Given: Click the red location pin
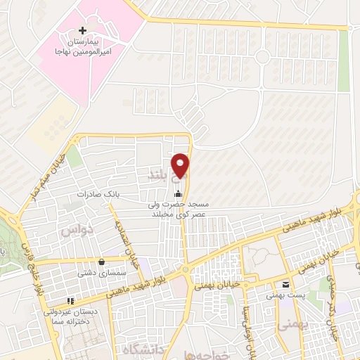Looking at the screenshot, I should pos(181,165).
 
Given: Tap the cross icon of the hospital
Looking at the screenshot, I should pos(84,30).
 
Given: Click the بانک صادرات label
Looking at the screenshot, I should pos(95,193).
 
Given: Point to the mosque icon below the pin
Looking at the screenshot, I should pos(179,193).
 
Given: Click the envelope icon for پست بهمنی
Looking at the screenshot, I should pos(285,285).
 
